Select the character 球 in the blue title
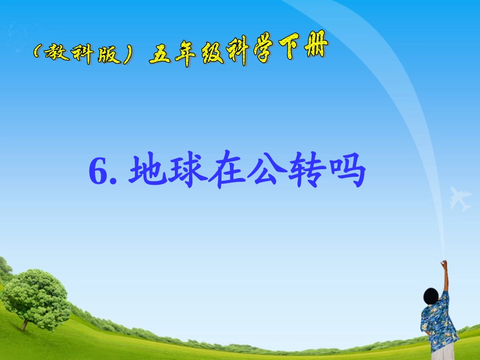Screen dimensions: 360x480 (x=188, y=172)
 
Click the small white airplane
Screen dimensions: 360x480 (x=460, y=198)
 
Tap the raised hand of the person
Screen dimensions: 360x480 (x=444, y=264)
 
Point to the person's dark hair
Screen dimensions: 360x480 (x=430, y=295)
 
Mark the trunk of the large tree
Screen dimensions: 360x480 (x=25, y=323)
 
